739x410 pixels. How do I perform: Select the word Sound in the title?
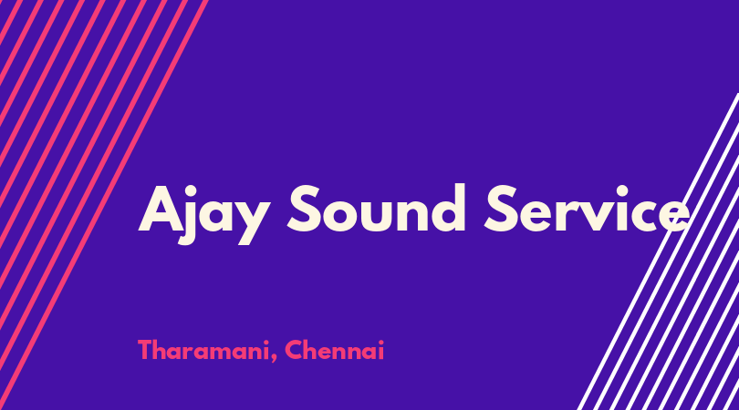[377, 209]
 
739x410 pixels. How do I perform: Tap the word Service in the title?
[588, 209]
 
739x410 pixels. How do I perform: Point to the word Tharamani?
[203, 351]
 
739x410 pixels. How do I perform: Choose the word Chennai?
[335, 350]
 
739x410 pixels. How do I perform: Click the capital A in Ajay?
[161, 209]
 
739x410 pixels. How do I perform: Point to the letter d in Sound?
[448, 208]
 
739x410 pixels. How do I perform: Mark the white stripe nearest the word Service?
[658, 251]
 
